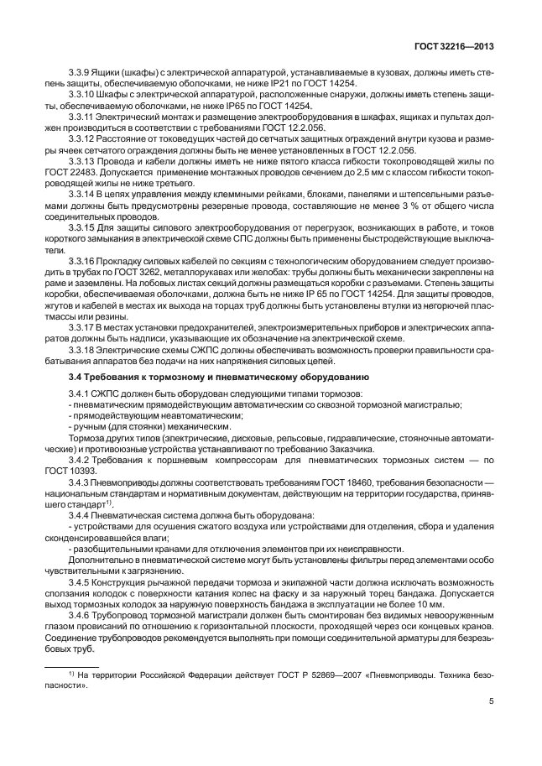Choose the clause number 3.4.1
coord(81,393)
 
